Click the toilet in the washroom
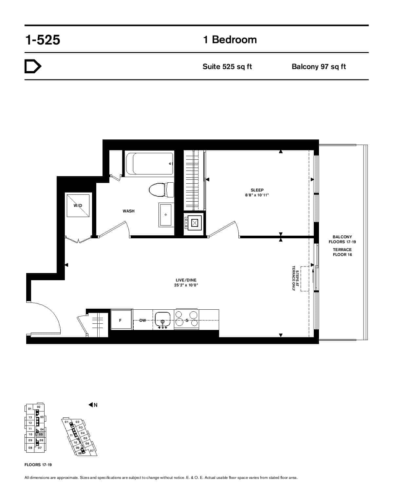pyautogui.click(x=161, y=190)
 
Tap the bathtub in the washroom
pyautogui.click(x=150, y=164)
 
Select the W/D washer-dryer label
pyautogui.click(x=78, y=206)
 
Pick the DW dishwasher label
pyautogui.click(x=143, y=320)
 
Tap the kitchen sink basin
pyautogui.click(x=162, y=319)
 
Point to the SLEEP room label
pyautogui.click(x=257, y=190)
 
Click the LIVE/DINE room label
pyautogui.click(x=186, y=280)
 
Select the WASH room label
pyautogui.click(x=129, y=211)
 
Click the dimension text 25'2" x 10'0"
pyautogui.click(x=186, y=285)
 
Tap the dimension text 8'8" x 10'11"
pyautogui.click(x=257, y=195)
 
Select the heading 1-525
pyautogui.click(x=43, y=40)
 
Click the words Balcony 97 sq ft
pyautogui.click(x=319, y=67)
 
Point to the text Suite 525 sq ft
pyautogui.click(x=227, y=67)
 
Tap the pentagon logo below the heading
pyautogui.click(x=33, y=66)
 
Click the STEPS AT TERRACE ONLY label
pyautogui.click(x=295, y=278)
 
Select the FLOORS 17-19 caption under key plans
pyautogui.click(x=38, y=465)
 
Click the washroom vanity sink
pyautogui.click(x=165, y=215)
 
